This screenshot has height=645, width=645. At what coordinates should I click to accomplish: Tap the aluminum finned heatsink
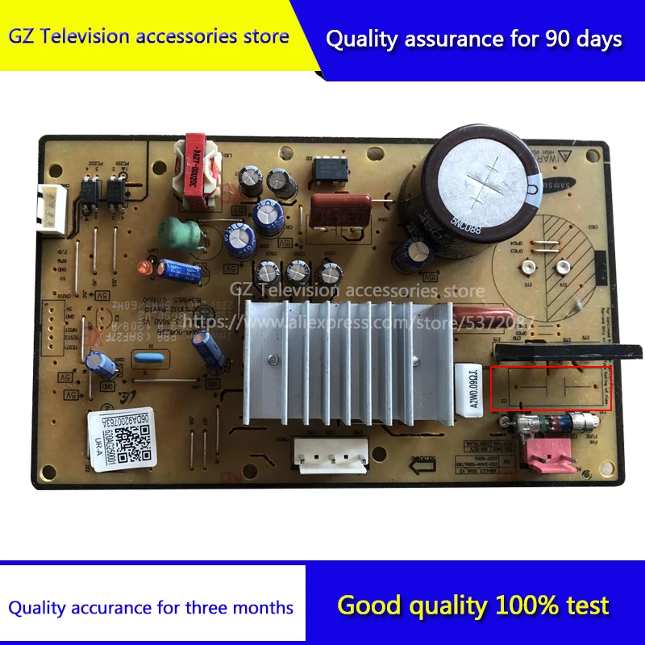[347, 355]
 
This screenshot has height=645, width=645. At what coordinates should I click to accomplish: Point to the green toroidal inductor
[180, 236]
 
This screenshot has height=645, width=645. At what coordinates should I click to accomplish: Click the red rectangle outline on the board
[552, 388]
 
